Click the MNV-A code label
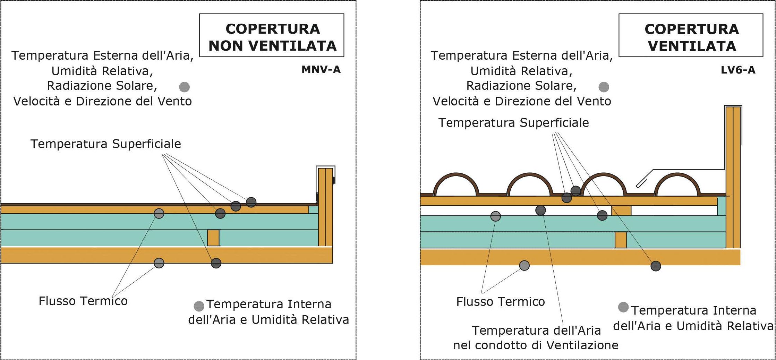(x=321, y=70)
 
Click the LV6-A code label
(x=738, y=70)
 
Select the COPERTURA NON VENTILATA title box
(x=272, y=36)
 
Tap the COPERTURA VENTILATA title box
(x=691, y=36)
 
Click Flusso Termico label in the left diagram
(x=83, y=301)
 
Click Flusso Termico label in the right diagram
(x=500, y=301)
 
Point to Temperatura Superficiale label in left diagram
(x=105, y=144)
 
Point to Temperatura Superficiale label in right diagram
(x=513, y=123)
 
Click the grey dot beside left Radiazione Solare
(x=185, y=87)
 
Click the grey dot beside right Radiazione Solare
(x=604, y=87)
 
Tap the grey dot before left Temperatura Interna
(x=199, y=306)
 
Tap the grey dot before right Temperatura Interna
(x=623, y=307)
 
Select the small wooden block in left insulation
(x=213, y=238)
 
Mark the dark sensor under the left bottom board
(x=216, y=263)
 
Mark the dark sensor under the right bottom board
(x=656, y=266)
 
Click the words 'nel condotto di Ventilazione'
(x=536, y=345)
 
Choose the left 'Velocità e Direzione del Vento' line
(x=102, y=101)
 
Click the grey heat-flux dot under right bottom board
(x=524, y=266)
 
